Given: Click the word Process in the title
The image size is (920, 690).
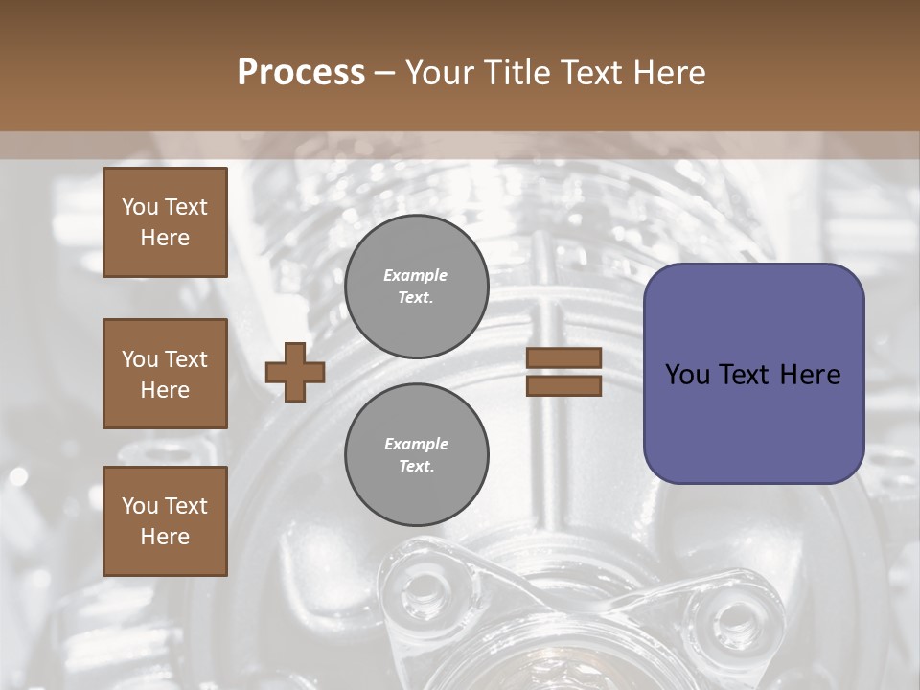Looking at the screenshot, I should tap(301, 73).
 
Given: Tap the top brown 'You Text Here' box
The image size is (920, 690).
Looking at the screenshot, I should tap(165, 222).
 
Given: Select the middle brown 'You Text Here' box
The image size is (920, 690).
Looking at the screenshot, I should tap(165, 374).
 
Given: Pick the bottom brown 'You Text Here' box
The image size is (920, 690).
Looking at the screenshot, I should tap(165, 521).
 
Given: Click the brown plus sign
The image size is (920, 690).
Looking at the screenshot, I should tap(295, 372).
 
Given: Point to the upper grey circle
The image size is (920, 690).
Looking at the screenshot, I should tap(416, 287).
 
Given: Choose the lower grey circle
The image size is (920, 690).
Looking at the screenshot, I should tap(416, 455).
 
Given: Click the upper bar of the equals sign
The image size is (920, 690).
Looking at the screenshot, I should tap(563, 357).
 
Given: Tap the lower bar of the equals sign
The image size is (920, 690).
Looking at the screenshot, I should tap(563, 385).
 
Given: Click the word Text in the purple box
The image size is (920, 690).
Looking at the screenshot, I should tap(747, 375).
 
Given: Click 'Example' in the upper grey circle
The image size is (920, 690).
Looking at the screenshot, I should tap(416, 275).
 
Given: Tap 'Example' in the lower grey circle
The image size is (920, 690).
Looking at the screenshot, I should tap(416, 444).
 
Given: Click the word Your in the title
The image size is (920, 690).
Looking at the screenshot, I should tap(440, 73).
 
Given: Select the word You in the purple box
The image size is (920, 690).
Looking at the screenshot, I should tap(687, 375).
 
